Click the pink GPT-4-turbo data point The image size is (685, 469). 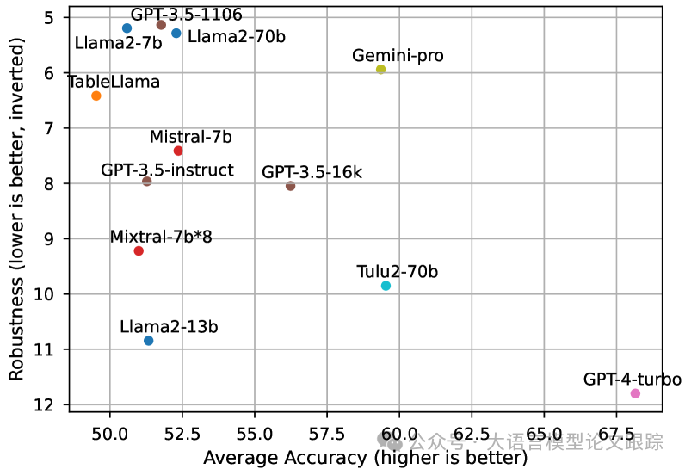click(635, 393)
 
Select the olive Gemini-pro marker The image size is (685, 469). click(381, 69)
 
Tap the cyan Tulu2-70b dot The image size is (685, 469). click(386, 286)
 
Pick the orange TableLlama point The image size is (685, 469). click(96, 96)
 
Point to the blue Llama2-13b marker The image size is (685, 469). click(149, 341)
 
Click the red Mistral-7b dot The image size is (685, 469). click(178, 151)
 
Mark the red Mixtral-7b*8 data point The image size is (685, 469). click(139, 250)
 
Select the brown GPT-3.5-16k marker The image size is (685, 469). click(290, 186)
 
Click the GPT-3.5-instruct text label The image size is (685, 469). click(167, 170)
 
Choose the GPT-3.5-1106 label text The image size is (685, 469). click(186, 15)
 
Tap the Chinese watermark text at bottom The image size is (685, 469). click(534, 442)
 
